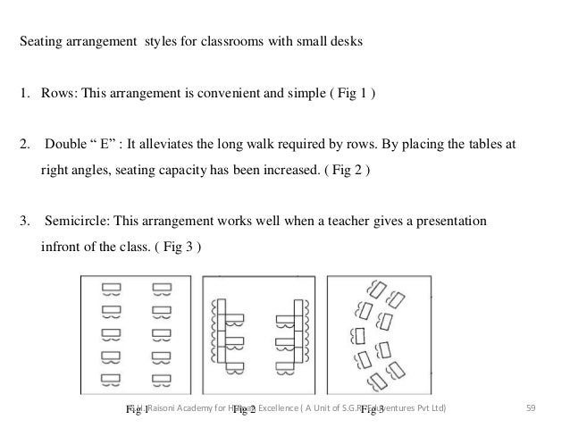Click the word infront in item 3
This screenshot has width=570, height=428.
tap(61, 242)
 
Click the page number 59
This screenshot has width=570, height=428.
tap(532, 408)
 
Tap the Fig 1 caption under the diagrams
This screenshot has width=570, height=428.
tap(138, 409)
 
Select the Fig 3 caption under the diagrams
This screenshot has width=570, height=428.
tap(373, 409)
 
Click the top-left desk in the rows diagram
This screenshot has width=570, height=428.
tap(112, 289)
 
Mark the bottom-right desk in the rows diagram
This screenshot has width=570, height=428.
tap(161, 379)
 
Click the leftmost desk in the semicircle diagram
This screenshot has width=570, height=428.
tap(358, 335)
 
